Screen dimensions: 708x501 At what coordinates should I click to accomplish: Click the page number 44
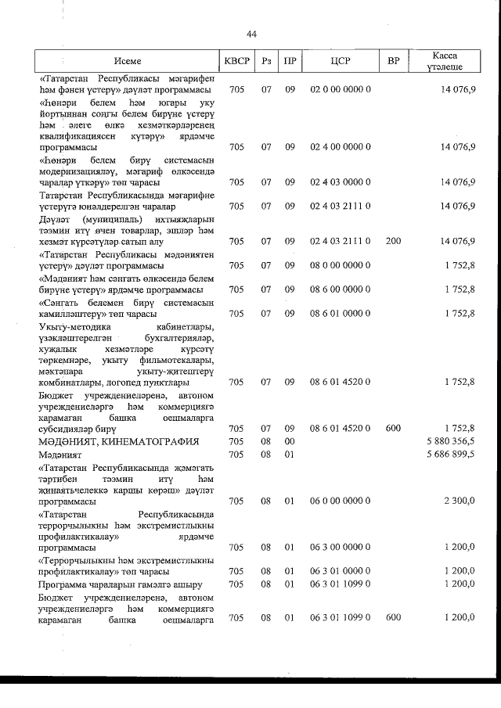[251, 34]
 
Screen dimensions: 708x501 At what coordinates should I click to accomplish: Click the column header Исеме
[127, 60]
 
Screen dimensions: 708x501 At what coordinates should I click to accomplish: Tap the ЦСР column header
[340, 60]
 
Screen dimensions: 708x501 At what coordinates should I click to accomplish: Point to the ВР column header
[393, 60]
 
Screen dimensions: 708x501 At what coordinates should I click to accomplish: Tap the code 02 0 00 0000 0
[340, 89]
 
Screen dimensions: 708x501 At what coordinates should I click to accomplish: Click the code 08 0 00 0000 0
[340, 264]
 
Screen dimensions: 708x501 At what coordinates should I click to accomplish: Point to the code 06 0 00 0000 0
[340, 501]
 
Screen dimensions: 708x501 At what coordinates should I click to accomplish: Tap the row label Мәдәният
[60, 453]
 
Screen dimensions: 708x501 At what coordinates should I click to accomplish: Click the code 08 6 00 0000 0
[340, 289]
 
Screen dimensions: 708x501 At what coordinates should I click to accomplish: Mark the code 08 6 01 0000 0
[340, 313]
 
